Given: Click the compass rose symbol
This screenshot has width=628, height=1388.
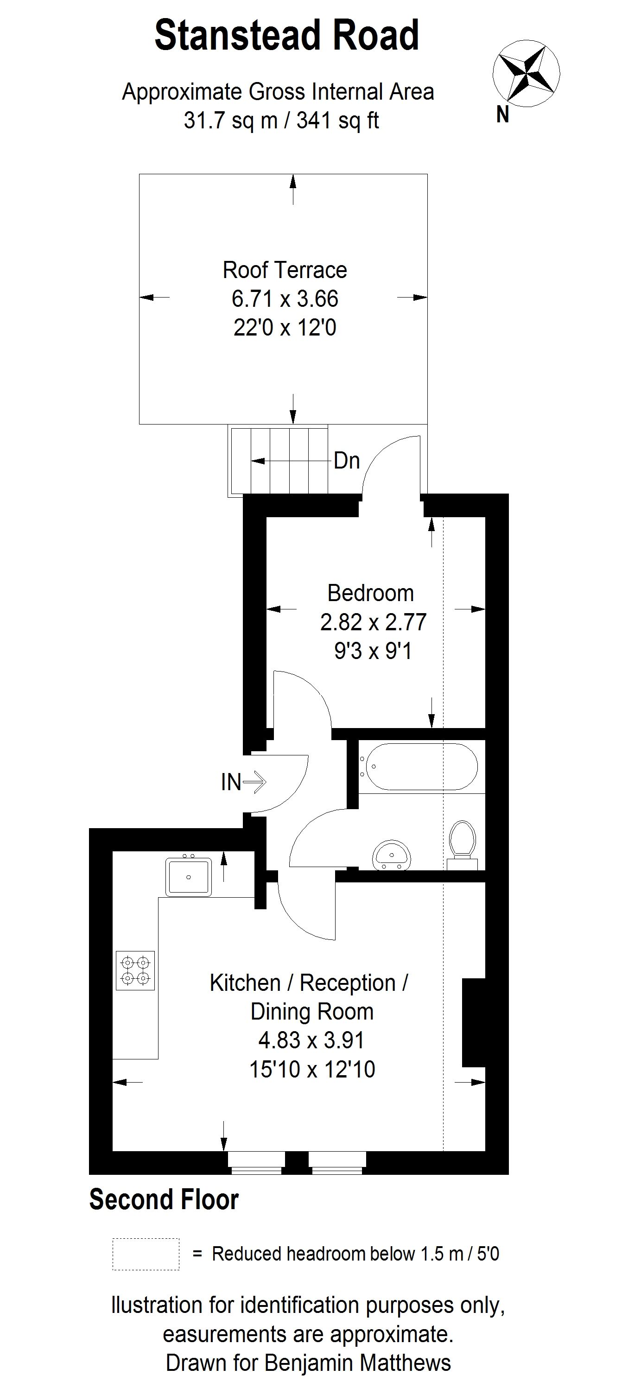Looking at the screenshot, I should (x=526, y=73).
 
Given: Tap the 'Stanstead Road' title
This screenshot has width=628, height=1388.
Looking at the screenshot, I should (x=286, y=36).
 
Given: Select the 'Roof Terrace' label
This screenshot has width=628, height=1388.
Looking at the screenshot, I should (x=285, y=270).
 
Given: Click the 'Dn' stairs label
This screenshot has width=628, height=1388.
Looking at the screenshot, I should (x=347, y=461).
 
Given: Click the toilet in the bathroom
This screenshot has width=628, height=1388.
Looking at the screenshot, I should (x=463, y=843).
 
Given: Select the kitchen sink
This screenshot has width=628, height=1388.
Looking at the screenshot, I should (x=188, y=877).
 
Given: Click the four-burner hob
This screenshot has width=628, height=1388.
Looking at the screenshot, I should (x=135, y=970).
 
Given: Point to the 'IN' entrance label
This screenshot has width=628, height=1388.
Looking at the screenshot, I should (x=231, y=782).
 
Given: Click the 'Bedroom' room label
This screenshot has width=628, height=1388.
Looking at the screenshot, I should (x=370, y=593).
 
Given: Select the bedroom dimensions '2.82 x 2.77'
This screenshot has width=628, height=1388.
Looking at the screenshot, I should (x=373, y=622).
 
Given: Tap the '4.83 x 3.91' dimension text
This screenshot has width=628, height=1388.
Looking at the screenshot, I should (x=311, y=1040).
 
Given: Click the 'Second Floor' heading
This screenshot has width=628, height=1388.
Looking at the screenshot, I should (x=164, y=1200).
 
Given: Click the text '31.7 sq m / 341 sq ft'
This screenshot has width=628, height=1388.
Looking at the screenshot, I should (x=281, y=120).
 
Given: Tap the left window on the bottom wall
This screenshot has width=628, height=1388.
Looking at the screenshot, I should (x=256, y=1162).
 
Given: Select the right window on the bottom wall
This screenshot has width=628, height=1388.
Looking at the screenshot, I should (x=337, y=1162).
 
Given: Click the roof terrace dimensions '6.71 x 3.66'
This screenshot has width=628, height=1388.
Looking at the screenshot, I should (x=285, y=298).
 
